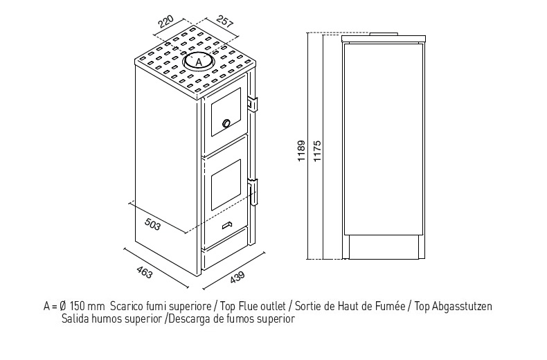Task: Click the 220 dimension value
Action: [x=166, y=21]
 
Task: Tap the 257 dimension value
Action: [x=224, y=21]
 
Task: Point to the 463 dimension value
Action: [x=145, y=273]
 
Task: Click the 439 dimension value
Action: [x=237, y=277]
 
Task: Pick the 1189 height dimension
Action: [x=301, y=151]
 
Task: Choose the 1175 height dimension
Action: [x=317, y=151]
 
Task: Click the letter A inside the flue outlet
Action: [x=199, y=62]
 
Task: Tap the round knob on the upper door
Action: [x=226, y=123]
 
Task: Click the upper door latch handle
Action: [x=253, y=104]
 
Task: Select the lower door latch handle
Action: [x=253, y=192]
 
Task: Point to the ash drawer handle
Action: [x=227, y=226]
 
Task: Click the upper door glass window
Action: [x=226, y=111]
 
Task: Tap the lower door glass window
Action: [x=226, y=185]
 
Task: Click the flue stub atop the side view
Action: [x=384, y=34]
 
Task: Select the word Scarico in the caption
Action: [x=121, y=306]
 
